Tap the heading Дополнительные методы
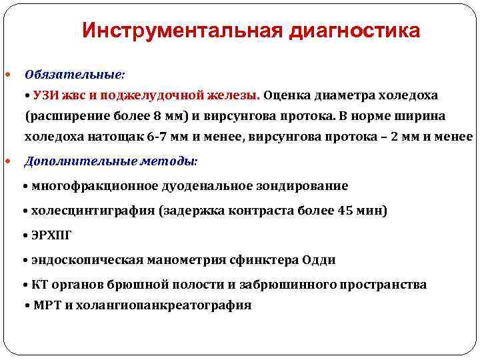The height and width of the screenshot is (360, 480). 111,161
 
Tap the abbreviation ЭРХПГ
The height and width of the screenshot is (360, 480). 51,235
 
